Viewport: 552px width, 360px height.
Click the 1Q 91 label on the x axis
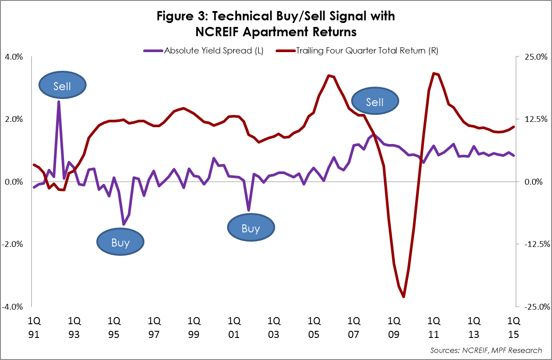pos(34,327)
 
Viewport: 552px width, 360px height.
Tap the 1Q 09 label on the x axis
pos(393,327)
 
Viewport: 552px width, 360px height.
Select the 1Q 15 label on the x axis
pos(513,327)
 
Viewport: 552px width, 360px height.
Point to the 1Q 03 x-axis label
pos(274,327)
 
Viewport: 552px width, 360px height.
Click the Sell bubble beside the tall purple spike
pos(62,86)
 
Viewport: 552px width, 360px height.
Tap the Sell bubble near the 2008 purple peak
pos(375,102)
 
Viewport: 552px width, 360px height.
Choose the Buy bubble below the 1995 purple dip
pos(120,243)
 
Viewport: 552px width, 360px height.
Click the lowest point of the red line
pos(404,297)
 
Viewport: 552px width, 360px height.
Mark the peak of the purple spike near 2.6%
pos(59,102)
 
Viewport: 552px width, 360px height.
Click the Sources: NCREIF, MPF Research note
pos(486,350)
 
